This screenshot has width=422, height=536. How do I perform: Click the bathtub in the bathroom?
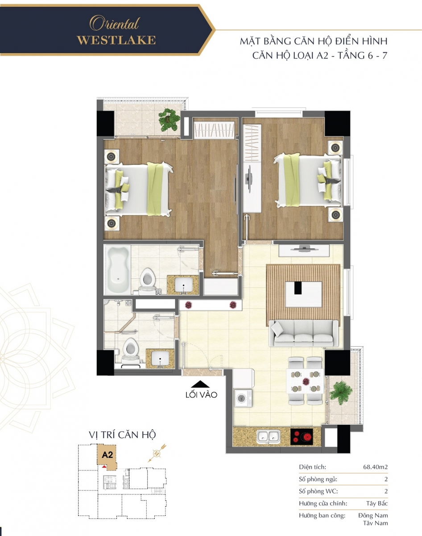(117, 270)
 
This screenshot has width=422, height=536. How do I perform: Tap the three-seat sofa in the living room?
(303, 333)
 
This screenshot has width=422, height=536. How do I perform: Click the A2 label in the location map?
(108, 455)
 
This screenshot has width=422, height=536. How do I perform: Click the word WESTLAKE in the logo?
(116, 40)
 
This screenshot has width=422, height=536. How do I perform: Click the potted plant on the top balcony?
(170, 119)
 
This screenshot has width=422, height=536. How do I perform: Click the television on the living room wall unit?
(304, 247)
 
